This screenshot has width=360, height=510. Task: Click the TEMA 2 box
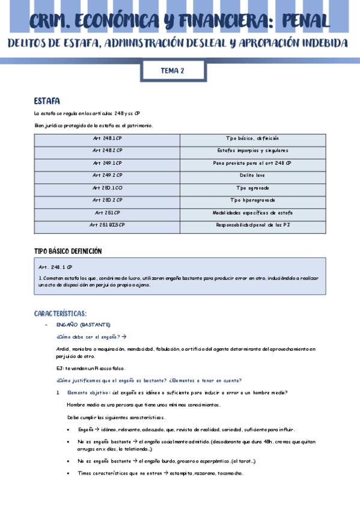point(172,71)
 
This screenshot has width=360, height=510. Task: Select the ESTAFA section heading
point(47,100)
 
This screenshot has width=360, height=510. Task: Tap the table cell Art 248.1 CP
point(108,138)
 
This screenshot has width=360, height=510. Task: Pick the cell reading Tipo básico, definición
point(252,138)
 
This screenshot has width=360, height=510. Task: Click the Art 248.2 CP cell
point(108,150)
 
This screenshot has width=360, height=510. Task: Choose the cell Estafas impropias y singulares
point(252,150)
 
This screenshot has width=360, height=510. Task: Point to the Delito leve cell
point(252,175)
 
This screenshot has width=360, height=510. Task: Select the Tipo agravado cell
point(252,188)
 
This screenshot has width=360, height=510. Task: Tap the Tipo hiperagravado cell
point(252,200)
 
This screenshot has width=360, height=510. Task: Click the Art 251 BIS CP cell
point(108,224)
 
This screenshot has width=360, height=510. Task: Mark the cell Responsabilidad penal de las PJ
point(252,224)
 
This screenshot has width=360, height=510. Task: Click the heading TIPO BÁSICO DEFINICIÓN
point(68,250)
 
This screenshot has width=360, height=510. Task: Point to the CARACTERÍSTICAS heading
point(61,313)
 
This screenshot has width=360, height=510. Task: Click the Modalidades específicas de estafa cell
point(252,212)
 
